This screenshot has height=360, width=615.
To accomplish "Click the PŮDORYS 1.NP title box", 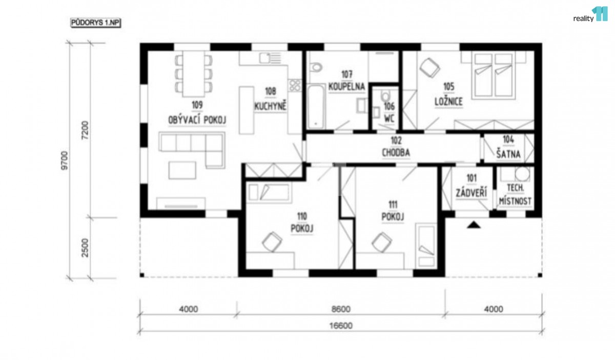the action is pyautogui.click(x=95, y=23).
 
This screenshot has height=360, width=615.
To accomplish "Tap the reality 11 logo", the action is pyautogui.click(x=590, y=15).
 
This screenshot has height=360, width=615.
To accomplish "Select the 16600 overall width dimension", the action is pyautogui.click(x=341, y=326).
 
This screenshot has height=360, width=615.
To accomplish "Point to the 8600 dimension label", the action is pyautogui.click(x=341, y=309).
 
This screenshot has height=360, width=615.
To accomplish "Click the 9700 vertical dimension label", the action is pyautogui.click(x=64, y=161).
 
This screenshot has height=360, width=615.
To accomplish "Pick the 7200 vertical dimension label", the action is pyautogui.click(x=86, y=130).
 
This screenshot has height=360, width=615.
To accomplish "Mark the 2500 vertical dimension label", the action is pyautogui.click(x=86, y=248).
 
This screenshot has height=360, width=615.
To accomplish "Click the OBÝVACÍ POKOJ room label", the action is pyautogui.click(x=197, y=120).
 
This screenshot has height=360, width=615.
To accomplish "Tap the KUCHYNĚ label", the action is pyautogui.click(x=270, y=106).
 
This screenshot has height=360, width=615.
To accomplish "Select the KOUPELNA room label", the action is pyautogui.click(x=346, y=87).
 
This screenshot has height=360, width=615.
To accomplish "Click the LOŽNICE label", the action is pyautogui.click(x=448, y=102).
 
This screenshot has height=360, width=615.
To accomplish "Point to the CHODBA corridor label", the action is pyautogui.click(x=396, y=152).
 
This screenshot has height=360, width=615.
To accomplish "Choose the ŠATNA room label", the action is pyautogui.click(x=508, y=154).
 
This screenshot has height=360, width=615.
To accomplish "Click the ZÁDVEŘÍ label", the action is pyautogui.click(x=471, y=192).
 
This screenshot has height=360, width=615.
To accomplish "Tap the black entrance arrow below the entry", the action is pyautogui.click(x=474, y=225).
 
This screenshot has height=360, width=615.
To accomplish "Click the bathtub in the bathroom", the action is pyautogui.click(x=316, y=107).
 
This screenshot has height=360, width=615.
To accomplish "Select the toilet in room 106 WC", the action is pyautogui.click(x=385, y=96).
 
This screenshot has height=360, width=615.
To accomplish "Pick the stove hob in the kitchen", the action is pyautogui.click(x=295, y=86).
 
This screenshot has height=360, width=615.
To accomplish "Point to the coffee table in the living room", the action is pyautogui.click(x=182, y=170).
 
